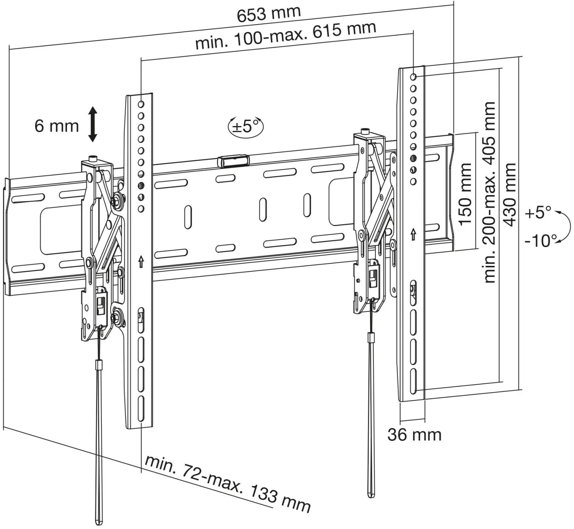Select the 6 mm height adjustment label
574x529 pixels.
point(57,126)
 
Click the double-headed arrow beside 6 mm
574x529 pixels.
point(93,124)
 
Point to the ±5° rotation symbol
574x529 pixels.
point(246,126)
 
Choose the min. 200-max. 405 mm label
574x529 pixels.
point(489,192)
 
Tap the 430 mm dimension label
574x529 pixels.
point(510,195)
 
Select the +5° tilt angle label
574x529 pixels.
point(538,213)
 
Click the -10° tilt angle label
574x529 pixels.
point(541,240)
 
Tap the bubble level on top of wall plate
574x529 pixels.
point(233,161)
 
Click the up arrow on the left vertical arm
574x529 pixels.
point(141,262)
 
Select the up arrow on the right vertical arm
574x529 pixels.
point(413,234)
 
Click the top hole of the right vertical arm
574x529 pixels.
point(413,77)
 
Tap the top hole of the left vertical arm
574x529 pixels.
point(141,104)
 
